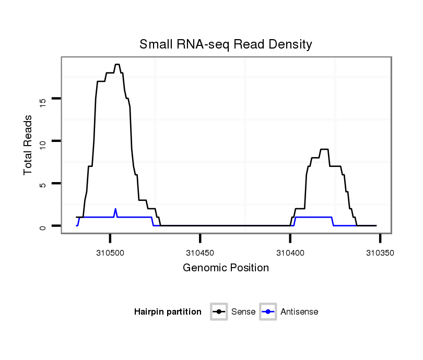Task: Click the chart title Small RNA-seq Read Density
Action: tap(226, 44)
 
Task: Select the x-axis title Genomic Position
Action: tap(226, 268)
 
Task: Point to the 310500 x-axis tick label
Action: tap(110, 253)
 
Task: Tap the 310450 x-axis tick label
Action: tap(200, 253)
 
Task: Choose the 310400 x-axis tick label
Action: tap(290, 253)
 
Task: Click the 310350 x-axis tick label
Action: tap(380, 253)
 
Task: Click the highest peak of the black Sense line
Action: tap(117, 65)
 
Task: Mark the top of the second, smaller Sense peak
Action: tap(324, 150)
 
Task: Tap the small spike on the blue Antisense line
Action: tap(115, 209)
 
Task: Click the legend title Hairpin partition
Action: tap(168, 312)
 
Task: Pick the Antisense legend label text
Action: tap(299, 312)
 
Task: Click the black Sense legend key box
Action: tap(219, 312)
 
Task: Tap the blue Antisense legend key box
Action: tap(267, 312)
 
